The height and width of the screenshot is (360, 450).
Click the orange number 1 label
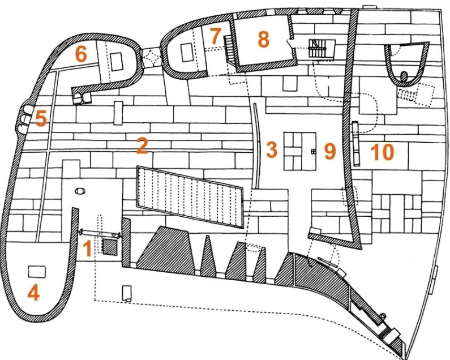(x=87, y=248)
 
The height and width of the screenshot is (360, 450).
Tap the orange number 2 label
(x=142, y=145)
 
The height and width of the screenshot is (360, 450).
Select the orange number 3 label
(x=272, y=149)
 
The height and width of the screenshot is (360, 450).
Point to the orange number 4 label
(x=33, y=293)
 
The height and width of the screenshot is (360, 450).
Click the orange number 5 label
(x=41, y=119)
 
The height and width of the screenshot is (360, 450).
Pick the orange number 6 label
(x=81, y=54)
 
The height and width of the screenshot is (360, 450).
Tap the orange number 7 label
(x=215, y=36)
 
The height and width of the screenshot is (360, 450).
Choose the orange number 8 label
(x=263, y=39)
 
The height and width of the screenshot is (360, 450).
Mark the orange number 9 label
(x=330, y=151)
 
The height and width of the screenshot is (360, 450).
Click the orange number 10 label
(x=382, y=152)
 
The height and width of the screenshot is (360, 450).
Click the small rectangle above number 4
(x=37, y=272)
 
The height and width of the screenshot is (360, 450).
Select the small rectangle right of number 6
(x=117, y=62)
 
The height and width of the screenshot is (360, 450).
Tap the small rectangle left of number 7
(x=187, y=52)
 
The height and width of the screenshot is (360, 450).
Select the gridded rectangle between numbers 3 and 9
(x=300, y=151)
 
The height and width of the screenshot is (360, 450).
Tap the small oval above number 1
(x=80, y=191)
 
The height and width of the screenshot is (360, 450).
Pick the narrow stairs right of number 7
(x=228, y=48)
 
